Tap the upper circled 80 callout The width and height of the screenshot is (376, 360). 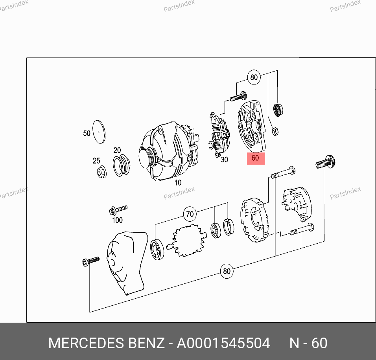[x=254, y=77]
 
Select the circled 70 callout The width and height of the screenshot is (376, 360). [x=190, y=214]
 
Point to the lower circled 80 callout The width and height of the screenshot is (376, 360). [x=227, y=271]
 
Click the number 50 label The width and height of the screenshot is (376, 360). [x=87, y=133]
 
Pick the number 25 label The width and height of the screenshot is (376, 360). [x=96, y=161]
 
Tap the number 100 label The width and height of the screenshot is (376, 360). [x=117, y=220]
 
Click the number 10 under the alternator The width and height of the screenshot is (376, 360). [x=178, y=183]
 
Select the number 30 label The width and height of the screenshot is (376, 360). [x=224, y=160]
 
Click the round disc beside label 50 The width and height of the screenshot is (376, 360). [x=99, y=132]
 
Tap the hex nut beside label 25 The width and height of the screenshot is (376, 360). [x=102, y=172]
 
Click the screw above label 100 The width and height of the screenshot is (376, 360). [x=118, y=210]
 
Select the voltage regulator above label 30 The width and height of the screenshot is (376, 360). [x=220, y=134]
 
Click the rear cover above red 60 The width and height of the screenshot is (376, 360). [x=251, y=126]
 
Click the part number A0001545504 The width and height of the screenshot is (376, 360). [x=223, y=343]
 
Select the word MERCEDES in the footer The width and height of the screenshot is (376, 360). [x=87, y=343]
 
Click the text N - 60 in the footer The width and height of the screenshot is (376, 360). [x=308, y=343]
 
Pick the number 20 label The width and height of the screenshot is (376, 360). [x=117, y=150]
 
